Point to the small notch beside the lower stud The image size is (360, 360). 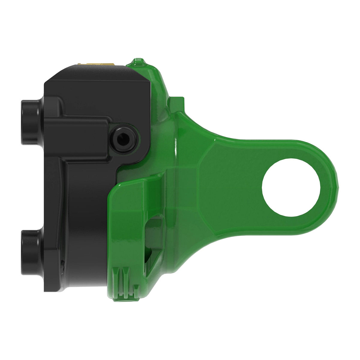pyautogui.click(x=62, y=264)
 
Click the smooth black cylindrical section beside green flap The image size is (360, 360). pyautogui.click(x=87, y=228)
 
